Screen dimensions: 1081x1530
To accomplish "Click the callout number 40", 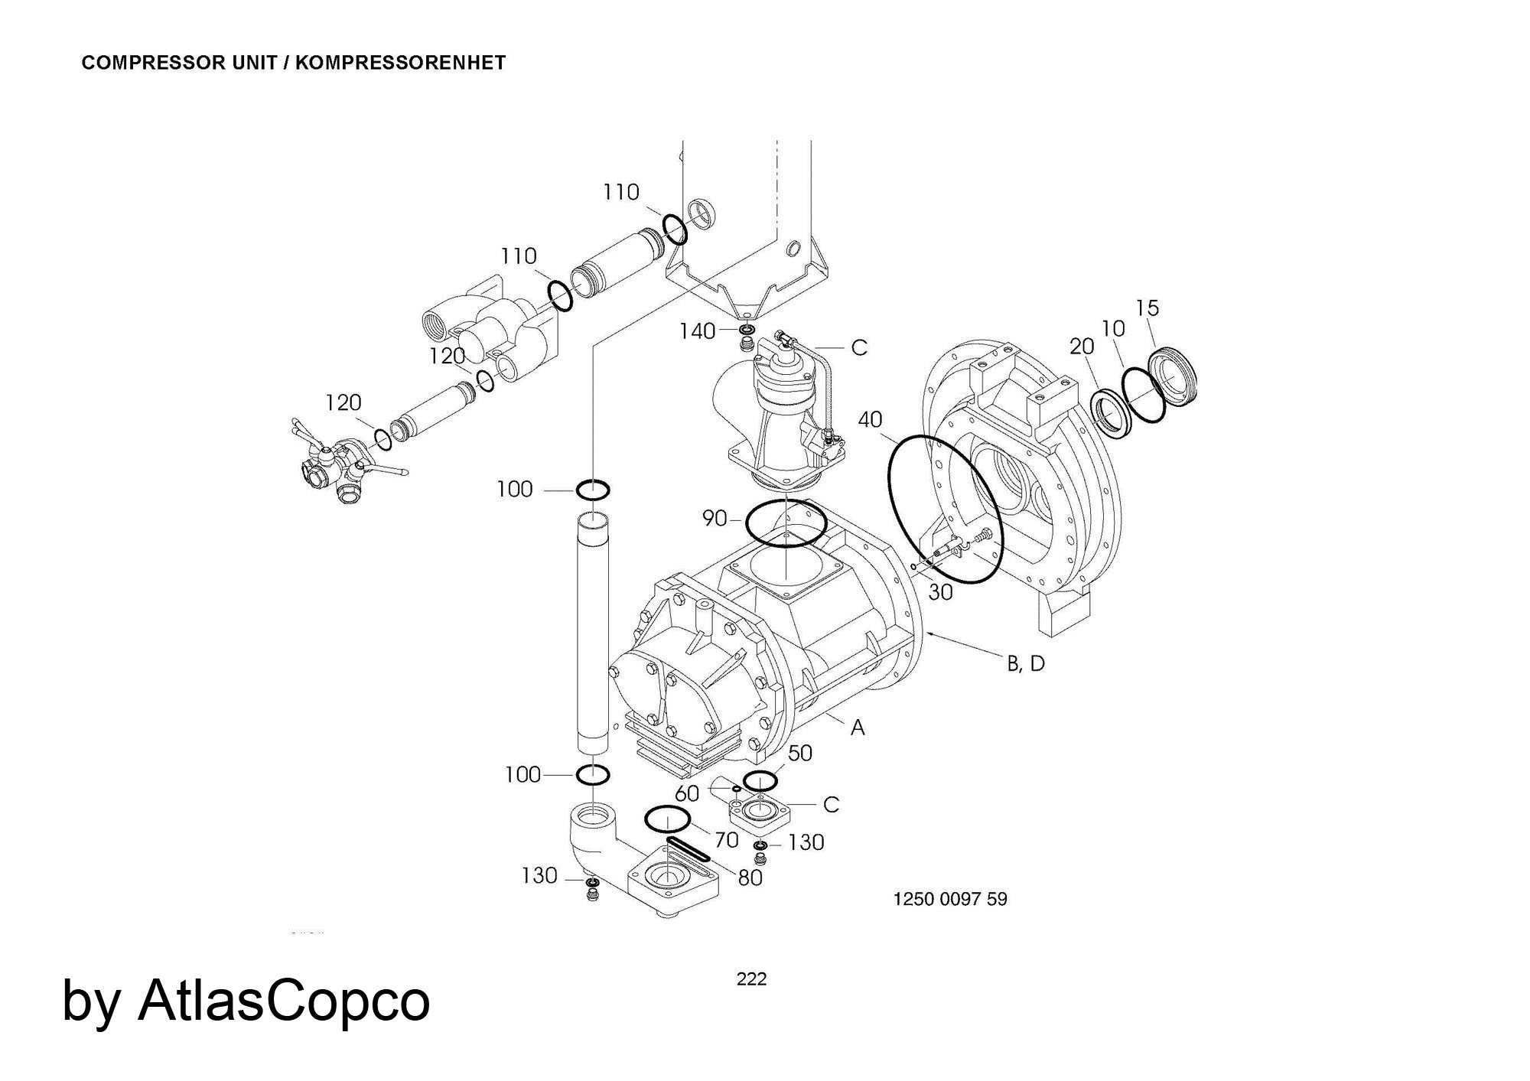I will coord(871,419).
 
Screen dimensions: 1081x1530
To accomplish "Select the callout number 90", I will coord(714,519).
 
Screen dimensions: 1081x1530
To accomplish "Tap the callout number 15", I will coord(1147,308).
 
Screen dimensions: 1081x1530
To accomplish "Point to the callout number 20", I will coord(1082,347).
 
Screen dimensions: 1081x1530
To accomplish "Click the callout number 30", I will coord(941,591).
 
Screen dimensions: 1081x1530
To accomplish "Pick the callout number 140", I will coord(698,331).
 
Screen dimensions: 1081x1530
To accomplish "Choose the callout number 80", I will coord(750,877).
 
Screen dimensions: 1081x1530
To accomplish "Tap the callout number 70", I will coord(726,840).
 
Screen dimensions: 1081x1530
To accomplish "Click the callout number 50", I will coord(799,753).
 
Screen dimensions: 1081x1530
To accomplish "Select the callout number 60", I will coord(687,793).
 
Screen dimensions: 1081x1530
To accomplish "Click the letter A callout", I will coord(858,728).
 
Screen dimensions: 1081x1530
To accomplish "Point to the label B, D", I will coord(1026,664).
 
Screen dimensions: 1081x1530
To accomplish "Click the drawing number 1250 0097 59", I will coord(950,899).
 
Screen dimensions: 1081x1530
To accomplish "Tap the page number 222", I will coord(751,979).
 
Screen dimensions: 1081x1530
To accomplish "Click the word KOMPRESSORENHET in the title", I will coord(400,63).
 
